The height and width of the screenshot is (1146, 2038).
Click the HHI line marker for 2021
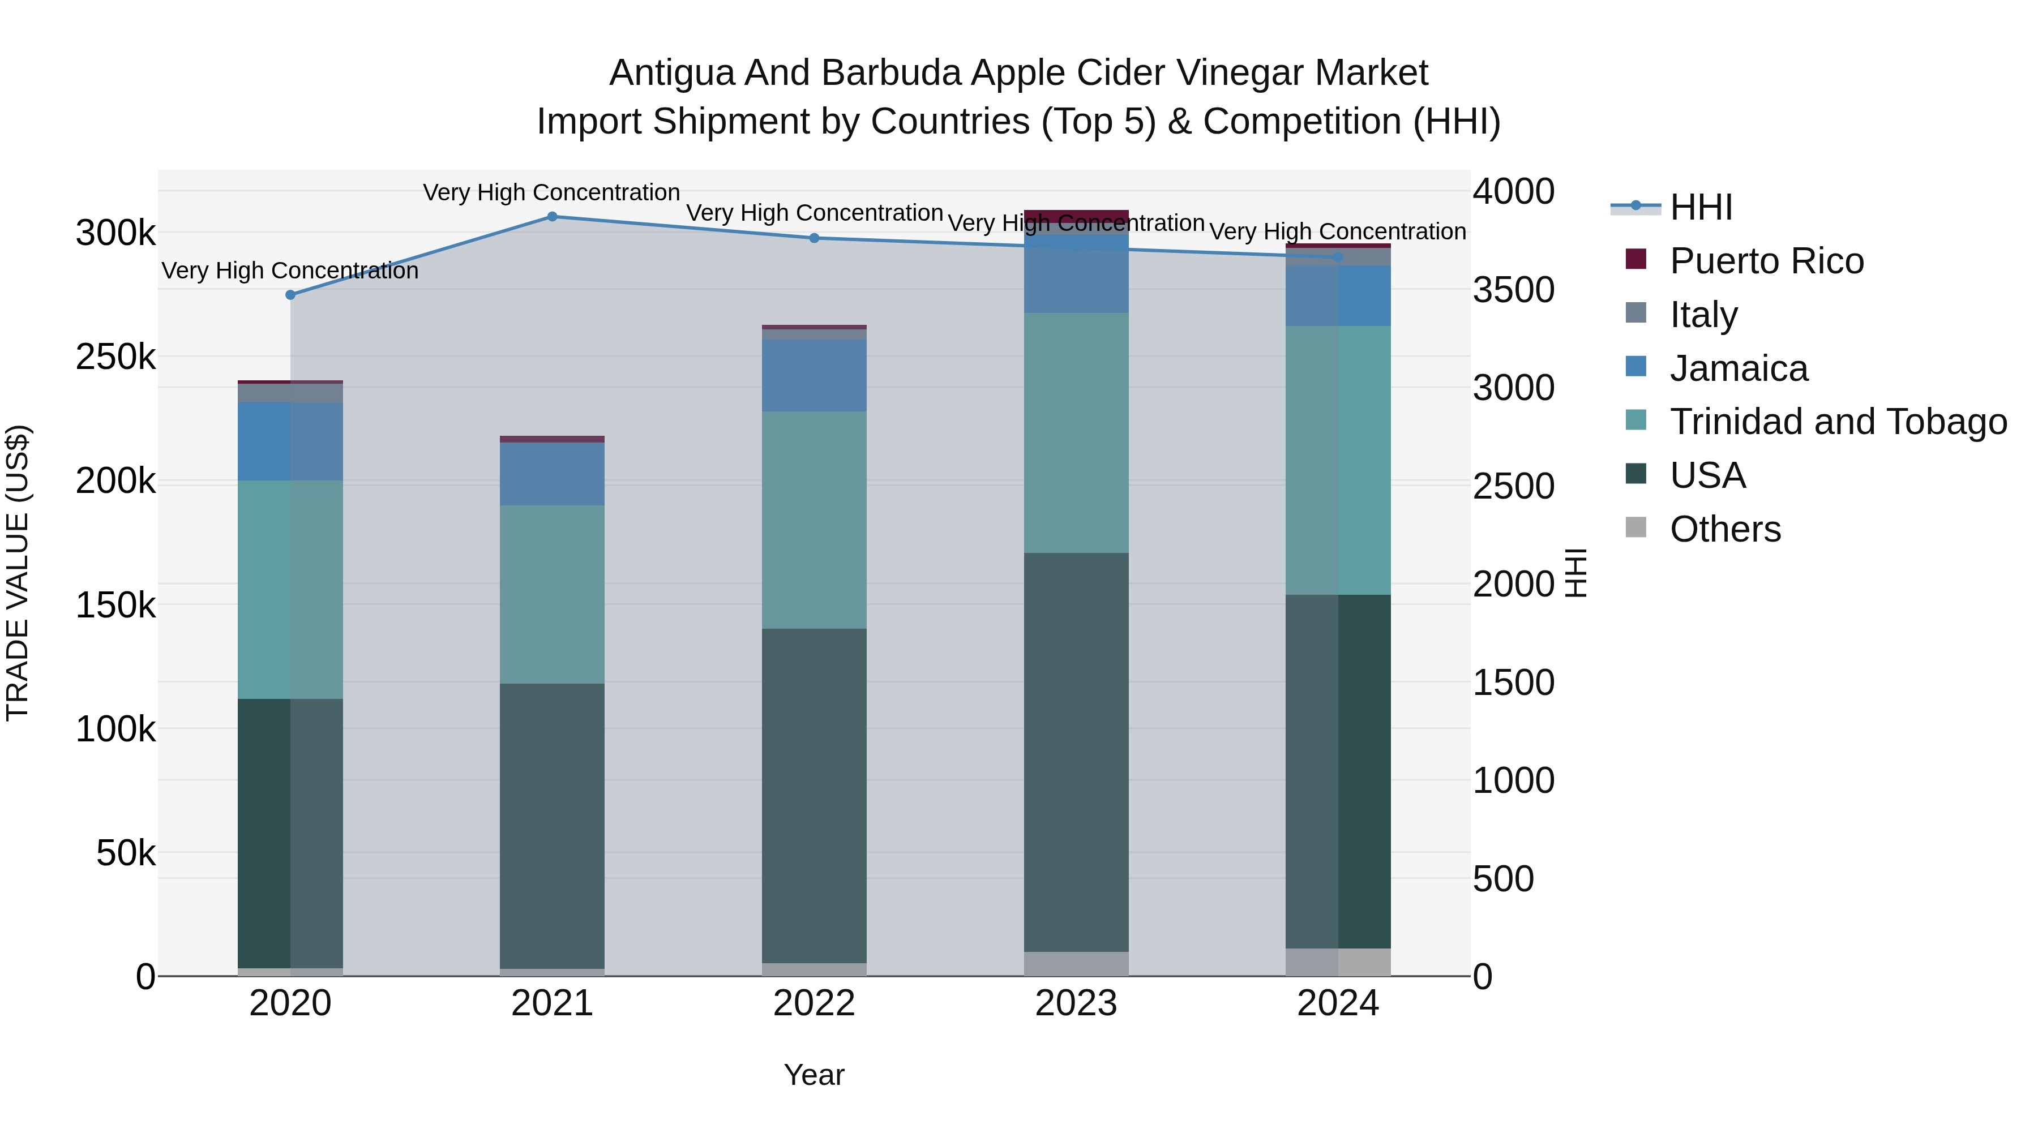pos(552,217)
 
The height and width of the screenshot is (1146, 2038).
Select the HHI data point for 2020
pos(290,295)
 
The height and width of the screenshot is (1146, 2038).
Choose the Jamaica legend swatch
pos(1635,367)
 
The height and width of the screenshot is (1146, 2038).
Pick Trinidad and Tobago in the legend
pos(1838,422)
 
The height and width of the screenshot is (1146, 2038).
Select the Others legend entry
pos(1725,529)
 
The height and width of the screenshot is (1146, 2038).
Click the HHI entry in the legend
pos(1701,207)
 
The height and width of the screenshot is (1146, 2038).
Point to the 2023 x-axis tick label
pos(1076,1003)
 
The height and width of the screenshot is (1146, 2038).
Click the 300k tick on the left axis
pos(115,233)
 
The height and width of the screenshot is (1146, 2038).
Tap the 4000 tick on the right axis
pos(1513,191)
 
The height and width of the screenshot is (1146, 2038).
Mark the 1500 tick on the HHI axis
pos(1513,683)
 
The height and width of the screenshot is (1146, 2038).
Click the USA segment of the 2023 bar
pos(1076,752)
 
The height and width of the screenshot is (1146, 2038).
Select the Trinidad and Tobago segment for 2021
pos(552,594)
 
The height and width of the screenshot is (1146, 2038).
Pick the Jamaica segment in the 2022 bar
pos(814,376)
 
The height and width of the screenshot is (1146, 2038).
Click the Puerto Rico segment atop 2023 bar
pos(1076,216)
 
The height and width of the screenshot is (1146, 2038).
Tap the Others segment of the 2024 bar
pos(1338,962)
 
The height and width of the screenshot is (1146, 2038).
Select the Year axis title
pos(814,1075)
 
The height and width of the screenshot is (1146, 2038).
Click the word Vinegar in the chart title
pos(1240,73)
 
